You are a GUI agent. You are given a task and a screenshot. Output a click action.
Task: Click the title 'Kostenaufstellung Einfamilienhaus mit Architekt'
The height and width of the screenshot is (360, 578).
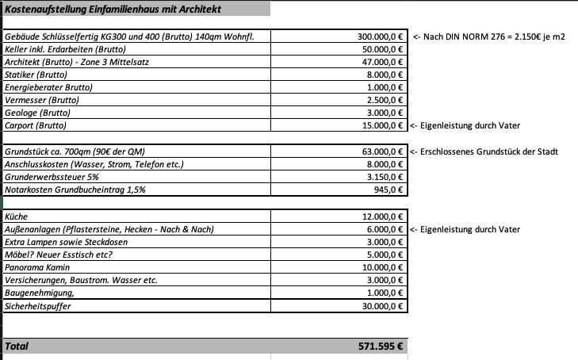[113, 10]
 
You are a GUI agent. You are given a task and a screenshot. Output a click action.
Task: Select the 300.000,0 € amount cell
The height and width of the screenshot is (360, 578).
[380, 36]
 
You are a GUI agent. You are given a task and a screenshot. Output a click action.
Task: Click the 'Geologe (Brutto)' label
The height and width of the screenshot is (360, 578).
[37, 113]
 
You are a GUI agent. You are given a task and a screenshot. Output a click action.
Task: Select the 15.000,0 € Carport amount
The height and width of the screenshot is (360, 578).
[382, 124]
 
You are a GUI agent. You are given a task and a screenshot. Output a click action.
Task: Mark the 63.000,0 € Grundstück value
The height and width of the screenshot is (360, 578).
[382, 151]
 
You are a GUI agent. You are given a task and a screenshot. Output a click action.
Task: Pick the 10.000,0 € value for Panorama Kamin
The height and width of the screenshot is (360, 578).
[382, 268]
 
